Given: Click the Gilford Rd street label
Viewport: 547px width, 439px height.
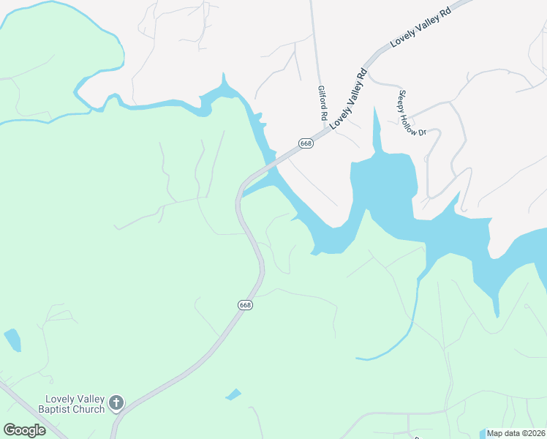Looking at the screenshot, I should tap(322, 103).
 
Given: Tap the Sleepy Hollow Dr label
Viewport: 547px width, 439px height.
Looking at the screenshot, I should tap(412, 113).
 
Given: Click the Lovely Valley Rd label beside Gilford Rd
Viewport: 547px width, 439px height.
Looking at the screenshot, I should tap(347, 100).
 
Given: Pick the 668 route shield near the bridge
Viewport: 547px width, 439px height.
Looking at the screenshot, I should tap(306, 143).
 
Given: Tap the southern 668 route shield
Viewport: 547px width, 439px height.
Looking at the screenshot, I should tap(245, 304).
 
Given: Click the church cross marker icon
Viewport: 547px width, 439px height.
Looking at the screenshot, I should tap(116, 402).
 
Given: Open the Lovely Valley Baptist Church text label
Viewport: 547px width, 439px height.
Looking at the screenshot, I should tap(71, 404).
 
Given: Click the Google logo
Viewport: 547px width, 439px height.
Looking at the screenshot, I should tap(24, 430).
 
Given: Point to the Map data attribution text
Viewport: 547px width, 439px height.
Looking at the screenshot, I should tap(516, 433).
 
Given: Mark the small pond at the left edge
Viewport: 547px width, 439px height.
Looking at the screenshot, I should tap(12, 339).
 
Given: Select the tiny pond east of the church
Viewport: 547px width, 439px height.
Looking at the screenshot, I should tap(233, 394).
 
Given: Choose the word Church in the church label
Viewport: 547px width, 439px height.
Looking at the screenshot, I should tap(89, 409).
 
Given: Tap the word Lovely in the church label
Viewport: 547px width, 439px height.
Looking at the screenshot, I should tap(57, 399).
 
